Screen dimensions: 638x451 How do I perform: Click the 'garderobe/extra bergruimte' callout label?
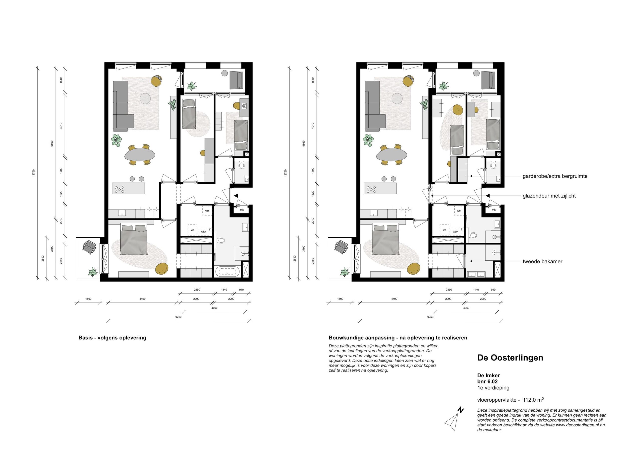[x=555, y=176]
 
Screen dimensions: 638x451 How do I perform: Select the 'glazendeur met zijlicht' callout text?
[x=549, y=196]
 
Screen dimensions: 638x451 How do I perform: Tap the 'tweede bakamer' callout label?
[x=542, y=261]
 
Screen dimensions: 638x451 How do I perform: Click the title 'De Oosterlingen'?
[x=510, y=358]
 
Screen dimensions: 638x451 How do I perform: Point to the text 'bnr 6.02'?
[x=487, y=381]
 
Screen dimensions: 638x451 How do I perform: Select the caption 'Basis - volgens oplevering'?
[x=112, y=338]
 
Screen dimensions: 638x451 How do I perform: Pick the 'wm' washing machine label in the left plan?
[x=207, y=211]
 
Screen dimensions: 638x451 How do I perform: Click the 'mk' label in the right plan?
[x=493, y=210]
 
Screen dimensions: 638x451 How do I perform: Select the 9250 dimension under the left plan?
[x=178, y=317]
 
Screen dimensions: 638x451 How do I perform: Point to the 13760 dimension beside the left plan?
[x=34, y=173]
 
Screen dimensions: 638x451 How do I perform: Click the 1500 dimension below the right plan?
[x=340, y=299]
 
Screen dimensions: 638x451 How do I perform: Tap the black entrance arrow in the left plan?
[x=236, y=196]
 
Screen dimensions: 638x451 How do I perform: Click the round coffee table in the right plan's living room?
[x=397, y=98]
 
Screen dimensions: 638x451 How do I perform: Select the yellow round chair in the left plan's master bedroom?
[x=162, y=268]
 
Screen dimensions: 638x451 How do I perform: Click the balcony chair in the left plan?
[x=89, y=247]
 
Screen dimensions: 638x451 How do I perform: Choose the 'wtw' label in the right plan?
[x=455, y=231]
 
